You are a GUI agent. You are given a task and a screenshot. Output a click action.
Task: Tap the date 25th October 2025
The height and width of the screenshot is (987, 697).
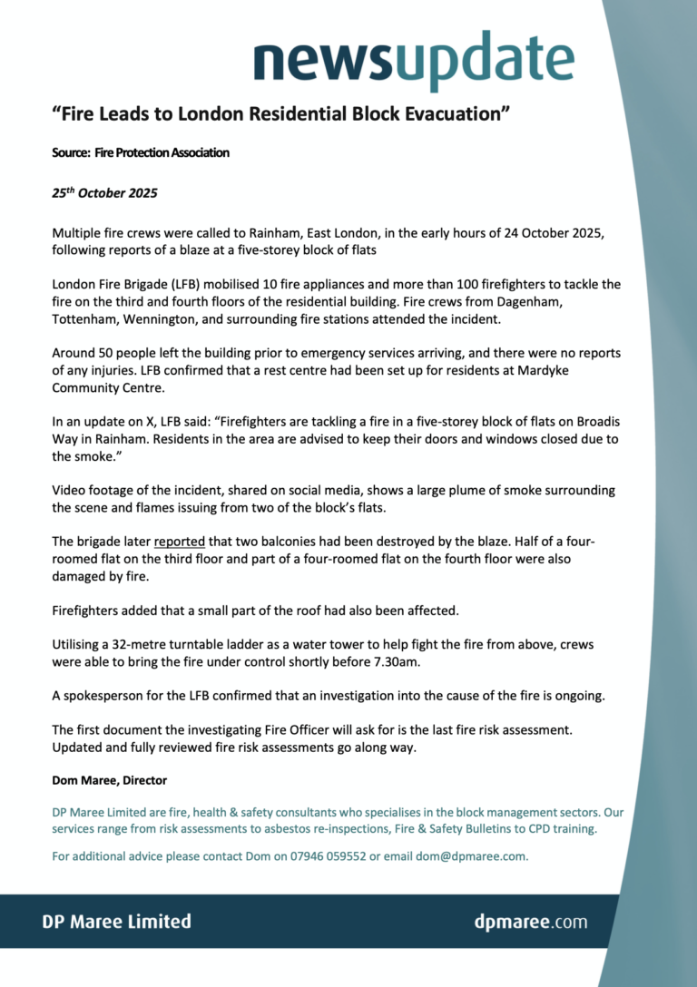click(104, 193)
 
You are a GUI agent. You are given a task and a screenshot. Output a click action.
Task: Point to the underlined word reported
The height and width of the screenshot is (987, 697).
click(179, 542)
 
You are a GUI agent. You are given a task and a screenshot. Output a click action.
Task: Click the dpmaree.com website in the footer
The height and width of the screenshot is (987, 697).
click(530, 923)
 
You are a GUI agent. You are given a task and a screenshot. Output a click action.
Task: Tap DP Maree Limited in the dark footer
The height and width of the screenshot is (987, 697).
click(117, 922)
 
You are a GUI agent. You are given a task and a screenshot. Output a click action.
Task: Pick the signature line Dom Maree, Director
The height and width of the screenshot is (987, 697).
click(109, 780)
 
